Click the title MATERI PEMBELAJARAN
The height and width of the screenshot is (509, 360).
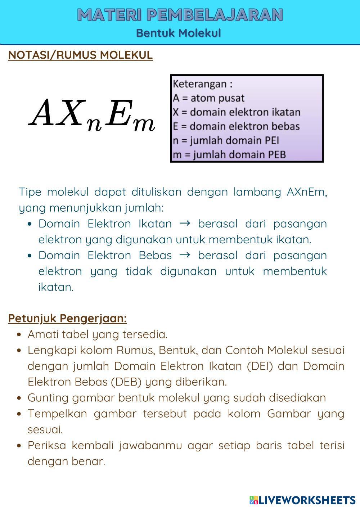[x=180, y=15]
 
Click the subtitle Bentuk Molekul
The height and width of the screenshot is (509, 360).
[x=178, y=33]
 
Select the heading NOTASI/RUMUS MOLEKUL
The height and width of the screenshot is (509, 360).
[x=80, y=55]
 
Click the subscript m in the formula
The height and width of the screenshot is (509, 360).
[x=144, y=124]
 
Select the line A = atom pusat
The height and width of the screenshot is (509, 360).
[x=208, y=98]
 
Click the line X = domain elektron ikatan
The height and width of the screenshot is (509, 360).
[x=236, y=112]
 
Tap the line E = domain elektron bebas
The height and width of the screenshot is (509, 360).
[x=236, y=126]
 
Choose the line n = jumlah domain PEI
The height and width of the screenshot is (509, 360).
[x=226, y=140]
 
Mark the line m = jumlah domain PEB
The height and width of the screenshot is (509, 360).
[x=229, y=154]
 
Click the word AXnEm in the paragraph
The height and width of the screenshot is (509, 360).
[x=307, y=192]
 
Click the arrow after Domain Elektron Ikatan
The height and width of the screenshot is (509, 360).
[x=185, y=224]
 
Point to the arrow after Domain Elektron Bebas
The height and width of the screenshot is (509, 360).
[x=185, y=255]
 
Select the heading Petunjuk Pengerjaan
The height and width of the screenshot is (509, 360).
[x=67, y=319]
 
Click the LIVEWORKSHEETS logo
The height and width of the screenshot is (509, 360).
[x=302, y=500]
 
